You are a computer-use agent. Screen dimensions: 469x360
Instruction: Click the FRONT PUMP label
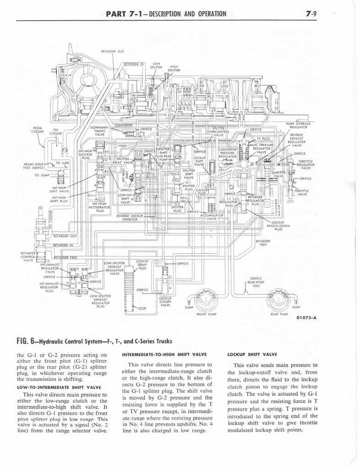pos(206,314)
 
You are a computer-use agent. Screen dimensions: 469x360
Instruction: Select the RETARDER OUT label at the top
pos(111,51)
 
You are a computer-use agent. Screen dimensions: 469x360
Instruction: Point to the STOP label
pos(142,308)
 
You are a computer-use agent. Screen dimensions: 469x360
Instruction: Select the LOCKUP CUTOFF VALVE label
pos(165,300)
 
